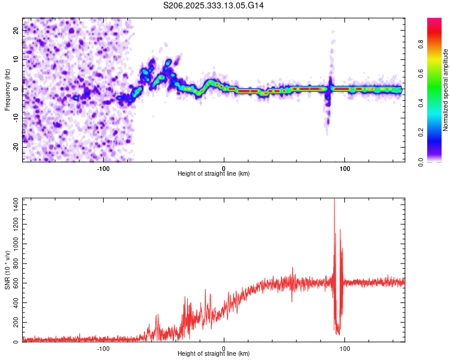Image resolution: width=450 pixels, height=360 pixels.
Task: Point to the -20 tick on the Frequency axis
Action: click(16, 146)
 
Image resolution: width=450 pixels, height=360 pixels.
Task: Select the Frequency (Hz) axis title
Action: click(7, 89)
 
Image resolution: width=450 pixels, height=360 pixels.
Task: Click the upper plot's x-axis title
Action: click(214, 173)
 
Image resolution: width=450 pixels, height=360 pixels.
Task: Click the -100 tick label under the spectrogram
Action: click(103, 167)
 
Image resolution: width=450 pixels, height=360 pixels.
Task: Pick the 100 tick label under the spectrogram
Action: click(344, 167)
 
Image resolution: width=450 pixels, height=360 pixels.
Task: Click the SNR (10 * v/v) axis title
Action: click(7, 270)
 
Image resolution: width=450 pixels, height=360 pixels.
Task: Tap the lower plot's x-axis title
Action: click(214, 353)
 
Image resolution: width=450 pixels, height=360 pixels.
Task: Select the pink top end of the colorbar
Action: click(434, 20)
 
